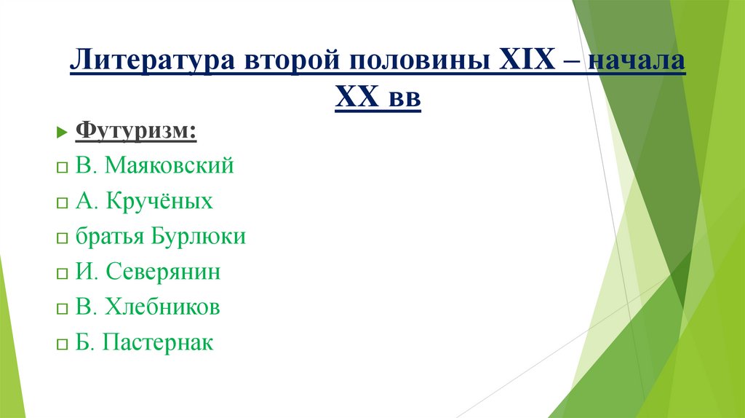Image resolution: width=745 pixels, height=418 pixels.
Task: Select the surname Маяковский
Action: point(169,166)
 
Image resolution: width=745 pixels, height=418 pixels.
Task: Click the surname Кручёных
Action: point(159,201)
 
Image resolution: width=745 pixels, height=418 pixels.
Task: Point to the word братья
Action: point(110,237)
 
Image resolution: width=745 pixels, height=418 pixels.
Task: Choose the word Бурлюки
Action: point(198,237)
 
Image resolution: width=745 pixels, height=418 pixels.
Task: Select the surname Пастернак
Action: point(158,342)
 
